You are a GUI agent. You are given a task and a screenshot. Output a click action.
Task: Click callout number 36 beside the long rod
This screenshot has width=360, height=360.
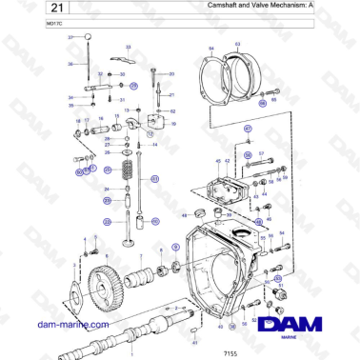pos(70,64)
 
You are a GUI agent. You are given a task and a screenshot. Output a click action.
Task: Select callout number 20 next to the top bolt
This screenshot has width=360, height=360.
pos(171,73)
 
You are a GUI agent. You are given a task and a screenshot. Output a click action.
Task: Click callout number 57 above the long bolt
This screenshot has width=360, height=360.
pos(260,153)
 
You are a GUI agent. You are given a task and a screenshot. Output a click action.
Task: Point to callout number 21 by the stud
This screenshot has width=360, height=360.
pos(171,95)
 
